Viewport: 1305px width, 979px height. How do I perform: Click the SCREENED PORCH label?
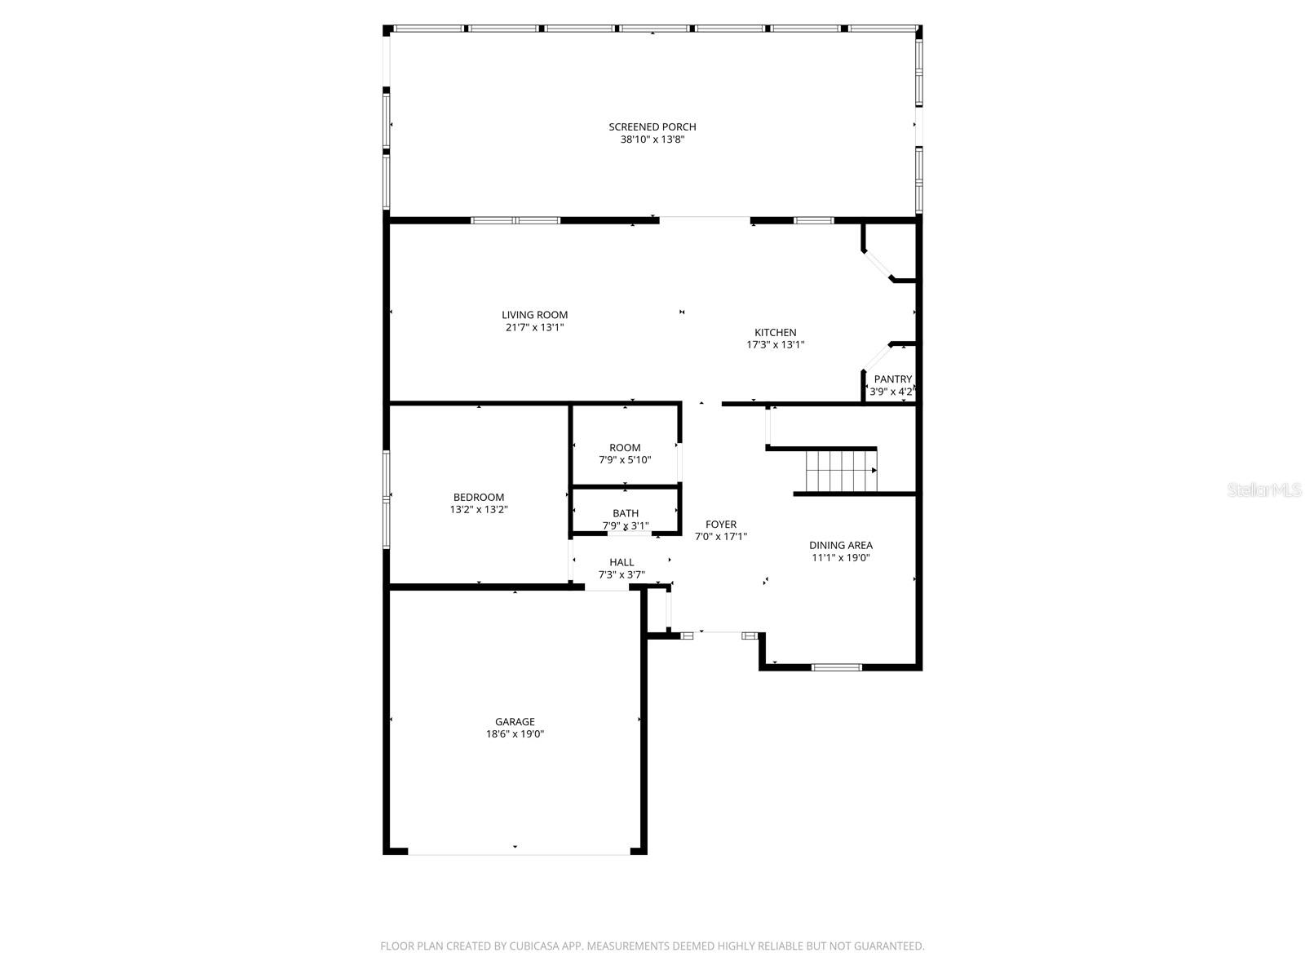click(652, 126)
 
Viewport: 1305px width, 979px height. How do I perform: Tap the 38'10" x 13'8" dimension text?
click(652, 140)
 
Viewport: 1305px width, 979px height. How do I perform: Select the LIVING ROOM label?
click(534, 315)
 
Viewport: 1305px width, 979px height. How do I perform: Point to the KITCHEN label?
click(775, 332)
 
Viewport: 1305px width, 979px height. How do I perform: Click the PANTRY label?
click(892, 379)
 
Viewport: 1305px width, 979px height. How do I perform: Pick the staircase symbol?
click(840, 472)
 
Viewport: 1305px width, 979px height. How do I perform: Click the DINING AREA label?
click(840, 545)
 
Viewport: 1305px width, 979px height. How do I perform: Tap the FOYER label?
click(720, 525)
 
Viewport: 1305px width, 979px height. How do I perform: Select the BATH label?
click(626, 513)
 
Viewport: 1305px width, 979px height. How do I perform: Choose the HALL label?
click(622, 562)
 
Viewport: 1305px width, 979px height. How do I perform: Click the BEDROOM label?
click(479, 497)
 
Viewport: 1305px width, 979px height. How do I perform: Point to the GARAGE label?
click(515, 721)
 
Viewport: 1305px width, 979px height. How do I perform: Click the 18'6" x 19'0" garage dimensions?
click(515, 734)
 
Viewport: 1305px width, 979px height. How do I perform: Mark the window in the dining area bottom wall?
click(836, 667)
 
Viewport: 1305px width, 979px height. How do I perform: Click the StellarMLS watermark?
click(1264, 490)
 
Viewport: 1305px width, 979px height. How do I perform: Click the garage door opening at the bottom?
click(518, 853)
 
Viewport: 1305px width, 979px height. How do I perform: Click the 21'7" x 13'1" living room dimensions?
click(534, 328)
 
